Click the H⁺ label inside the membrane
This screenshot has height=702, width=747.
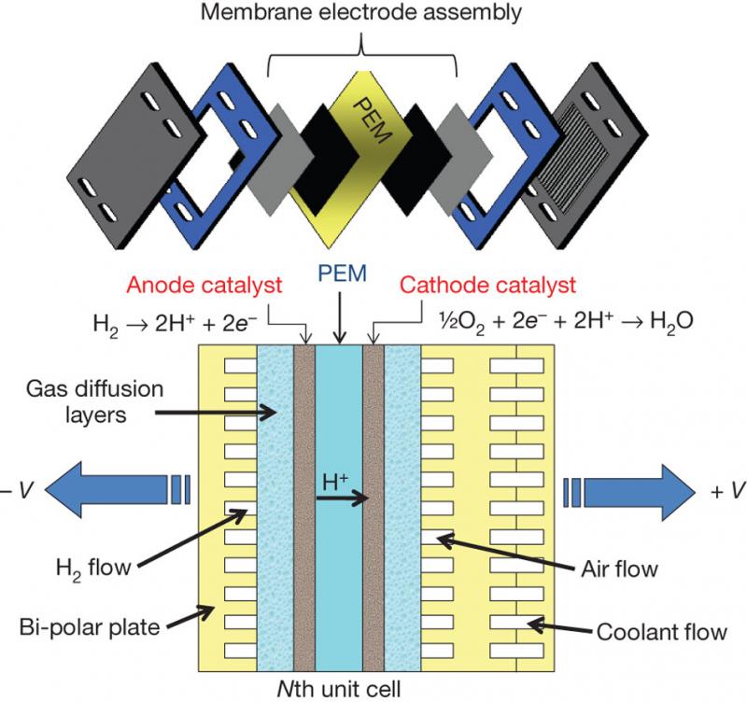[x=337, y=484]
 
